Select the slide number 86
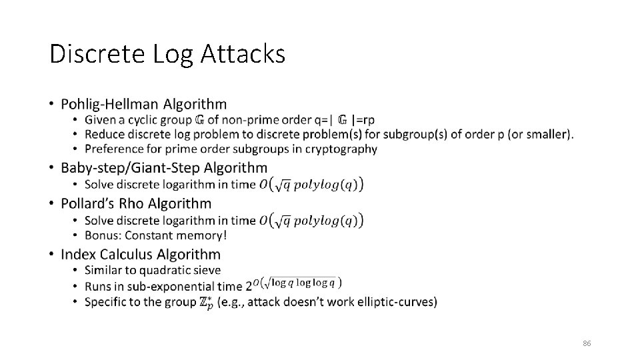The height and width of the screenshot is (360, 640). [587, 343]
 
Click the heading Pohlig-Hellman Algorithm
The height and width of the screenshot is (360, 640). [143, 104]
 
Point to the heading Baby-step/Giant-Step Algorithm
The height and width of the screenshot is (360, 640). [164, 168]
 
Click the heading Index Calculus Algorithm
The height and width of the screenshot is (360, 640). [141, 254]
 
